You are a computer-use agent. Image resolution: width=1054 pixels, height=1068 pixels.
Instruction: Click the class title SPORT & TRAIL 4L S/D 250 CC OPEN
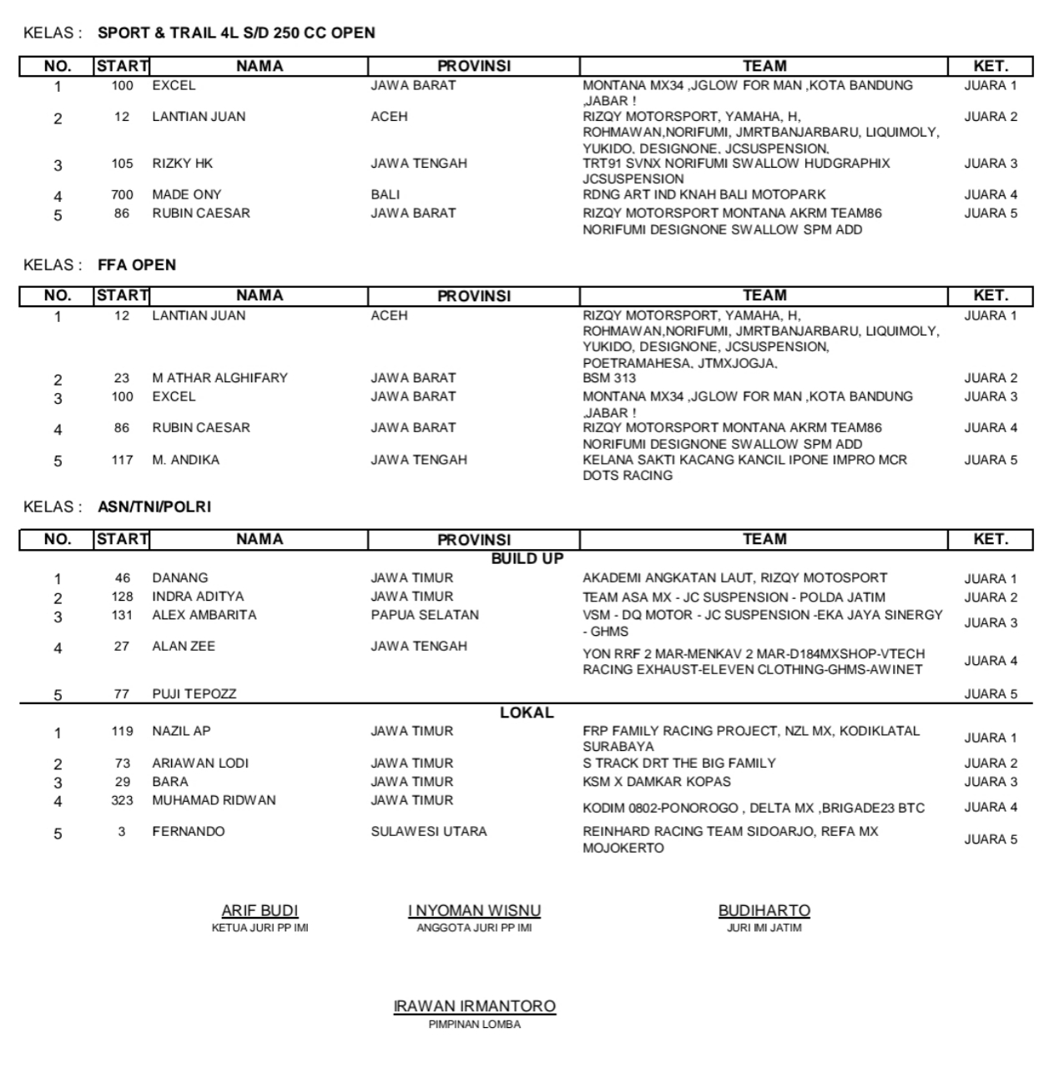coord(236,33)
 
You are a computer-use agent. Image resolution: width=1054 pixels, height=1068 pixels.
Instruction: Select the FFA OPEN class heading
coord(137,264)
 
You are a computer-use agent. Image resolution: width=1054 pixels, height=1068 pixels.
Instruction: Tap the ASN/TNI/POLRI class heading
coord(154,506)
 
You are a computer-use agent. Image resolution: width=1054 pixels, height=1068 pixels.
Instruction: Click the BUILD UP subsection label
coord(527,558)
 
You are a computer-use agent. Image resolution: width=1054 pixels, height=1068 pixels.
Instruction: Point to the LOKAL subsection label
coord(527,713)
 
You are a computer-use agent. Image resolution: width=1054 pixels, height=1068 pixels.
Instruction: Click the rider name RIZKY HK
coord(183,164)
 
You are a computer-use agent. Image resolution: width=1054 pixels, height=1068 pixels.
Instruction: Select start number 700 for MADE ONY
coord(122,194)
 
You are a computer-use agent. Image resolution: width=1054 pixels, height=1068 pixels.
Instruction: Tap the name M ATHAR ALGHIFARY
coord(219,378)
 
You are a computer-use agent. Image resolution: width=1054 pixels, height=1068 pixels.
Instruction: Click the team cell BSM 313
coord(609,378)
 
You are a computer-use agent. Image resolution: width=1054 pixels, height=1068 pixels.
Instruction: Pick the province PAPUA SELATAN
coord(425,615)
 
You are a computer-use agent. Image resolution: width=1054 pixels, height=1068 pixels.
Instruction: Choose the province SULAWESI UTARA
coord(429,831)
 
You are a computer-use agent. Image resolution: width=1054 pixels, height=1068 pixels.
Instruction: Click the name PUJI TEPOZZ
coord(194,693)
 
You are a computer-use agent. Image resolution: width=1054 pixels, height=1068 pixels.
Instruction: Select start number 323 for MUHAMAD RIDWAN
coord(122,800)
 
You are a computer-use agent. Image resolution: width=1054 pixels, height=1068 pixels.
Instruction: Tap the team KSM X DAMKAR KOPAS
coord(656,782)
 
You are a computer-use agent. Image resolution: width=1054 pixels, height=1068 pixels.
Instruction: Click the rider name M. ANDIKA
coord(185,460)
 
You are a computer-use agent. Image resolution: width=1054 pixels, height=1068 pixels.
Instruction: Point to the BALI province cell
coord(386,194)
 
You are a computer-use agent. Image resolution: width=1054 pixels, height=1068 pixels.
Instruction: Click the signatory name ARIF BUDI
coord(260,911)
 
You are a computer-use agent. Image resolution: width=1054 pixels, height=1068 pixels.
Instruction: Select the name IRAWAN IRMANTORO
coord(474,1006)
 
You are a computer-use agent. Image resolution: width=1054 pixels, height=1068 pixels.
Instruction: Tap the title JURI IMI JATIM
coord(764,928)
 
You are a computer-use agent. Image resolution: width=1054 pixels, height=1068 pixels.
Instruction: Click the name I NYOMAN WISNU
coord(474,911)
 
